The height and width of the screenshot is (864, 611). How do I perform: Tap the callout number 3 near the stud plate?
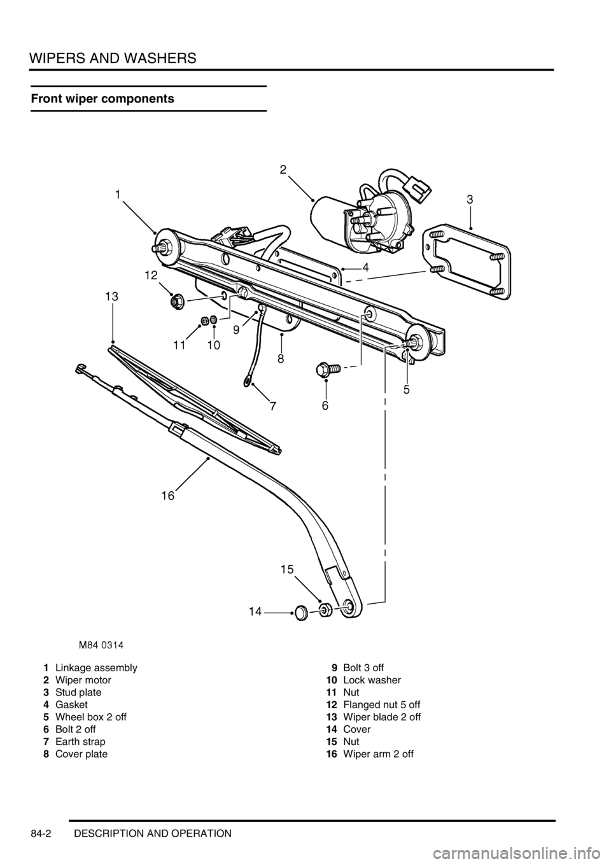[x=470, y=199]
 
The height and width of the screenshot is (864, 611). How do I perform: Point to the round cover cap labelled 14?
[x=300, y=613]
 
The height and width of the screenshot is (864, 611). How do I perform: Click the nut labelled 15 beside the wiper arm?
[x=324, y=610]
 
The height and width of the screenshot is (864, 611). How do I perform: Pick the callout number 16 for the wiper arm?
[x=168, y=495]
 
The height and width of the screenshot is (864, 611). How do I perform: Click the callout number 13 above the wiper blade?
[x=111, y=296]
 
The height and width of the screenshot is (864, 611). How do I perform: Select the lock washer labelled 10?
[x=214, y=319]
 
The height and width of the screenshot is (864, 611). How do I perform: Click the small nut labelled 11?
[x=205, y=320]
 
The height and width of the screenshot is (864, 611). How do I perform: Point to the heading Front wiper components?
[x=102, y=99]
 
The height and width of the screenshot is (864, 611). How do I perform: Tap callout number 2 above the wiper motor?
[x=283, y=169]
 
